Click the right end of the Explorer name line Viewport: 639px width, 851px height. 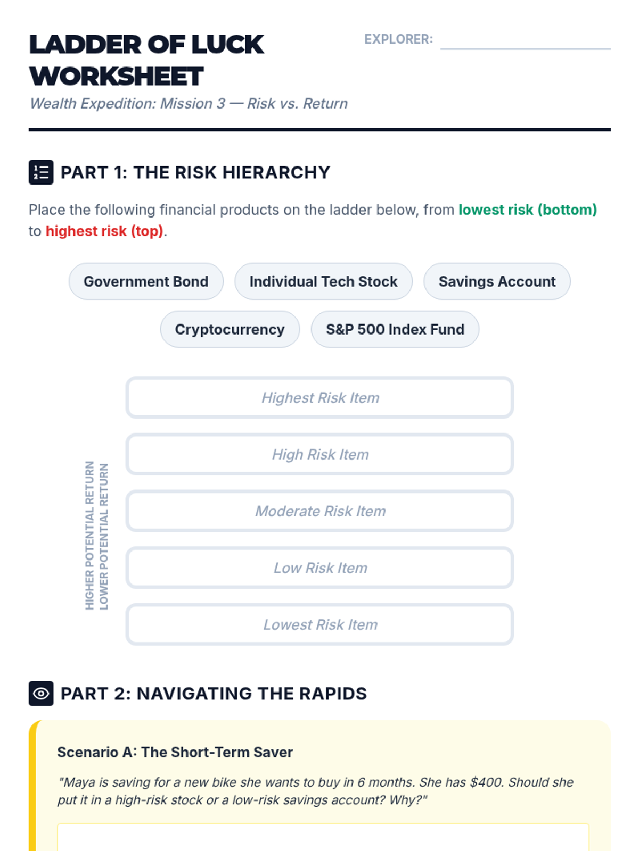(x=610, y=49)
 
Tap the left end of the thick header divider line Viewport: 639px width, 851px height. (x=29, y=129)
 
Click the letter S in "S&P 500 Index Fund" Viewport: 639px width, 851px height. (x=330, y=330)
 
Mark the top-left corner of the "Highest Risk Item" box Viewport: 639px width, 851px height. (x=127, y=377)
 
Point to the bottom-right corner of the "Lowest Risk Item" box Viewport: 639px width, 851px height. (x=513, y=644)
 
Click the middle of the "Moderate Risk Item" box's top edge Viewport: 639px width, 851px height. (x=319, y=491)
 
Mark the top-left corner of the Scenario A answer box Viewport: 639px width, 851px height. (x=58, y=823)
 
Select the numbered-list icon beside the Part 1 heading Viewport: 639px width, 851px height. (x=41, y=172)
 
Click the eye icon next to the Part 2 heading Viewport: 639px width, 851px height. (x=41, y=693)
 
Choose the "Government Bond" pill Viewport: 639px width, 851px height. (x=146, y=281)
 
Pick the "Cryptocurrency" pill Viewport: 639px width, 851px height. (x=230, y=329)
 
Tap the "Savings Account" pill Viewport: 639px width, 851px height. (x=497, y=281)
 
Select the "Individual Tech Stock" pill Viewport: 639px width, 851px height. (x=324, y=281)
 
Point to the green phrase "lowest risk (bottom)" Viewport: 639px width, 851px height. (x=528, y=210)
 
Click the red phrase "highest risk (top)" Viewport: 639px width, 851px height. (x=104, y=231)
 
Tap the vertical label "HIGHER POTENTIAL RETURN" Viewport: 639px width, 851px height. (x=89, y=535)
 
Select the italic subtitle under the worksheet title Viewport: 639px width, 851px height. (x=189, y=104)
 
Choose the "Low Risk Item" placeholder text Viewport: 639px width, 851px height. (x=321, y=568)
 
